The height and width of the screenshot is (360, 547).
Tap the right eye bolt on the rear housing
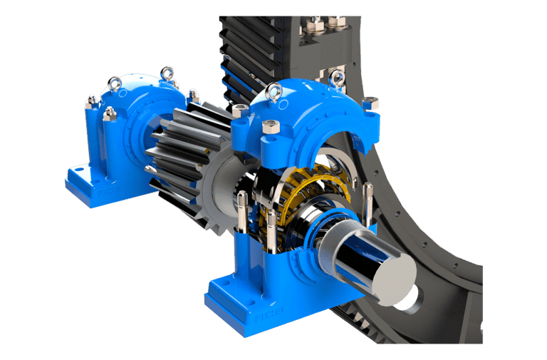(167, 72)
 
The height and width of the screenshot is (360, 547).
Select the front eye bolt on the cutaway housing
(273, 91)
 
